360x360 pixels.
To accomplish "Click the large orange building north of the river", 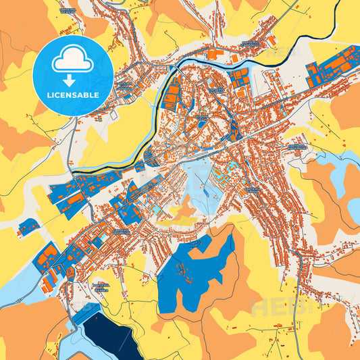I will pos(212,53).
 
